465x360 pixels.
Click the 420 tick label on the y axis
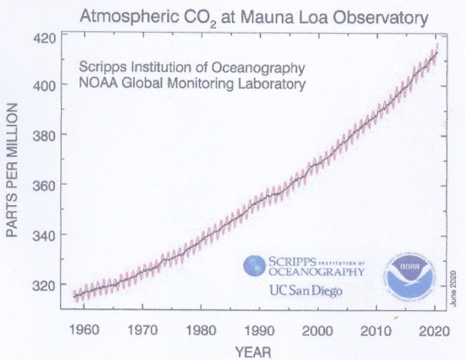click(46, 37)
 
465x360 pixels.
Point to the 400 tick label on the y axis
click(46, 85)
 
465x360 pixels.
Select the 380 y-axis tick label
click(46, 135)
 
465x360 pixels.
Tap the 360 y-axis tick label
click(46, 185)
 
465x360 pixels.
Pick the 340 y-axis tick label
click(46, 235)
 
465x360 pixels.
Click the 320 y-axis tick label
click(46, 285)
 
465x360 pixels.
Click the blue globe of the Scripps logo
click(253, 265)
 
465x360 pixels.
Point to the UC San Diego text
click(305, 290)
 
